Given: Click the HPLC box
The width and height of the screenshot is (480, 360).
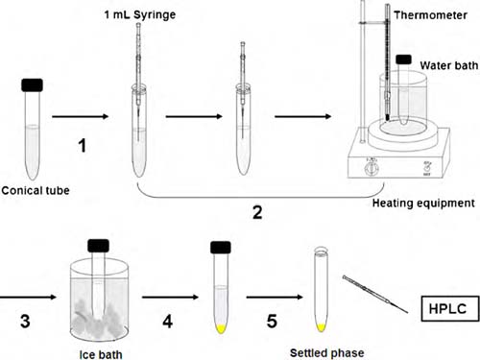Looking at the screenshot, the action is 450,308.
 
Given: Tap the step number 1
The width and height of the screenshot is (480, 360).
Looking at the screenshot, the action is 83,145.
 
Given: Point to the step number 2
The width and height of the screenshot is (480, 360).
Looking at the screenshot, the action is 257,213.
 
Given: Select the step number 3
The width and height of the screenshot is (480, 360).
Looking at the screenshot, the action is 25,321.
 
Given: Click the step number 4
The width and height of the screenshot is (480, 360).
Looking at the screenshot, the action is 168,322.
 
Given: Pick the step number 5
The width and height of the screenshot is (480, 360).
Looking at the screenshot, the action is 272,322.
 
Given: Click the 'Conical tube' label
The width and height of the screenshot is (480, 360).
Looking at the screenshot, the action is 36,191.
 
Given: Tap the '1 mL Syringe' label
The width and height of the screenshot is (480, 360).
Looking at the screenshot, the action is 140,14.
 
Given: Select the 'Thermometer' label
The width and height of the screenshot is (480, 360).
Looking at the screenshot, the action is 430,15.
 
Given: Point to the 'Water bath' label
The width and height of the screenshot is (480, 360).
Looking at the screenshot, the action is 449,65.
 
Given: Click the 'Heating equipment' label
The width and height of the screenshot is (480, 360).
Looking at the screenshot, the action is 423,204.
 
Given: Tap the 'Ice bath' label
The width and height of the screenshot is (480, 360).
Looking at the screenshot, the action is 101,354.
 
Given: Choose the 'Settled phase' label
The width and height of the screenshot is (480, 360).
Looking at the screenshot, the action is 327,353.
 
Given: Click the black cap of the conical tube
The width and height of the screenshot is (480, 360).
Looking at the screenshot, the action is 32,85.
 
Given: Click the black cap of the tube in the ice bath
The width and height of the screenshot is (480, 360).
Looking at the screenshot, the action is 99,246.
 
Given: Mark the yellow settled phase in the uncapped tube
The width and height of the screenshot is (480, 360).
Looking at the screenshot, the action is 321,327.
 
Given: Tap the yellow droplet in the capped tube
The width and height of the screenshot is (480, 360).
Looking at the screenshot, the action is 221,328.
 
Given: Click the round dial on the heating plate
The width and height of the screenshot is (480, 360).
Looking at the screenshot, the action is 372,168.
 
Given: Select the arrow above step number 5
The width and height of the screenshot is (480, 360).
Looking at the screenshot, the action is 275,298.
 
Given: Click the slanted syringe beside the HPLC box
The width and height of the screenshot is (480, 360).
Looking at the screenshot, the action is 375,294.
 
